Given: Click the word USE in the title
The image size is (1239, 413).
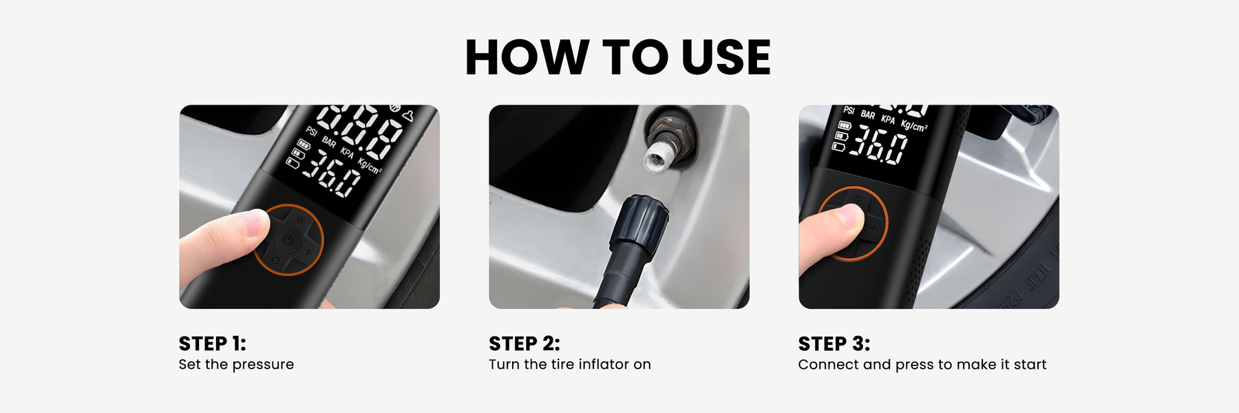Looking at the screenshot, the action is tap(726, 57).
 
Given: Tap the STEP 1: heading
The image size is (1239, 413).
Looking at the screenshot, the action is tap(212, 343).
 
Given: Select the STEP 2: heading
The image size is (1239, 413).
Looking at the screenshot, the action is tap(525, 343).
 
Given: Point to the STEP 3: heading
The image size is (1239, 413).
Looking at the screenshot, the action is tap(834, 343).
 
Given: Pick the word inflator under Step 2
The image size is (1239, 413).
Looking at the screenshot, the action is tap(604, 364).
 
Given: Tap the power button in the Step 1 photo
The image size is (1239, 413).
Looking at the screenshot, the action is tap(287, 240).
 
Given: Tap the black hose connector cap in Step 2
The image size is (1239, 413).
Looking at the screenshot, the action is tap(637, 220).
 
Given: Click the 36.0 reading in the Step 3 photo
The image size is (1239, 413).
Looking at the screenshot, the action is tap(880, 145).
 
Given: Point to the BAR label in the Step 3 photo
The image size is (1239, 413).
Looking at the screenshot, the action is tap(868, 115).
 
